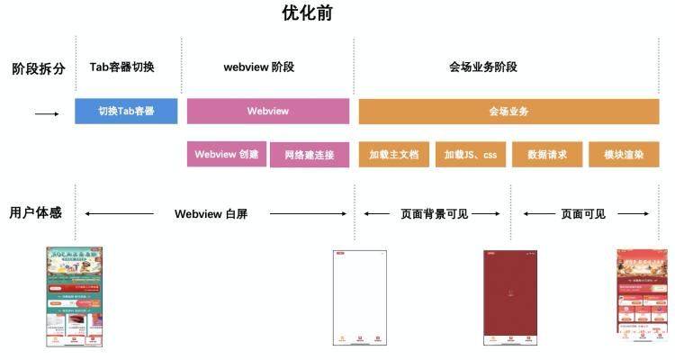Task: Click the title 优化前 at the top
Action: [309, 13]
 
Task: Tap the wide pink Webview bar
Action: [268, 111]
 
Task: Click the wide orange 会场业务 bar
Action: [508, 111]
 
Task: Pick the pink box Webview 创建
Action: [227, 154]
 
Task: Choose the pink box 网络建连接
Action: [310, 154]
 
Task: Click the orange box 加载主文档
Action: [394, 154]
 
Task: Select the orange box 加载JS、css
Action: [471, 154]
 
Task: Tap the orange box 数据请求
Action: [547, 154]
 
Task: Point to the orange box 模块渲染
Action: [624, 154]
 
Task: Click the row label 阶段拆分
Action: [38, 68]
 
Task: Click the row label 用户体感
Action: [36, 213]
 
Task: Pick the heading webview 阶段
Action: [259, 67]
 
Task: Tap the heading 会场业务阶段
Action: [483, 67]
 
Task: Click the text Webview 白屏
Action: [211, 214]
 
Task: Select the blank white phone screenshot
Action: [359, 298]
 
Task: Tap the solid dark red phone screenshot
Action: [510, 298]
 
